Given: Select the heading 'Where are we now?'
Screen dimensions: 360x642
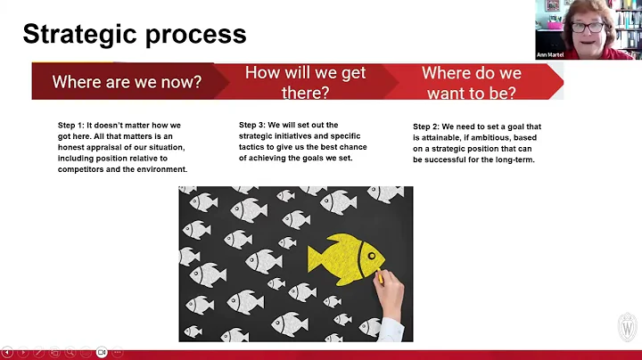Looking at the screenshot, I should pyautogui.click(x=127, y=82).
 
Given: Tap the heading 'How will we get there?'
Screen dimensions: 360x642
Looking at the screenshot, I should pyautogui.click(x=305, y=82).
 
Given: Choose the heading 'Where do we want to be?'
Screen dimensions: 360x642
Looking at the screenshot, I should pyautogui.click(x=472, y=82).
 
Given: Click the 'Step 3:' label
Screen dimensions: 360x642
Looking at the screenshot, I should pyautogui.click(x=254, y=125).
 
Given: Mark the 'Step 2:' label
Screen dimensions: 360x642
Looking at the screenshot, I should pyautogui.click(x=427, y=127).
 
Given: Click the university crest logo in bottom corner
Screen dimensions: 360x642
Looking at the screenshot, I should pyautogui.click(x=628, y=326).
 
